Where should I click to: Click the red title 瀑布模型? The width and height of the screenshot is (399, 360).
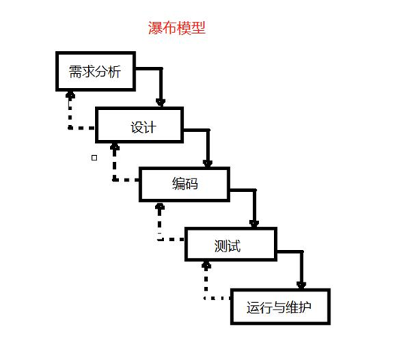[177, 28]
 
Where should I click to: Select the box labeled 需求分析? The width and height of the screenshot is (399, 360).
[96, 72]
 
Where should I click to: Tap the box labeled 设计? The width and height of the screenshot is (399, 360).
[139, 125]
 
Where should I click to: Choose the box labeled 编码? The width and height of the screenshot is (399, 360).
[184, 185]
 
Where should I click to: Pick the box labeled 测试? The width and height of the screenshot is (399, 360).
[231, 244]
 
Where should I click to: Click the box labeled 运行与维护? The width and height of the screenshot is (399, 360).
[280, 307]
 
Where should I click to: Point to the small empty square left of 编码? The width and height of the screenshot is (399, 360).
[94, 158]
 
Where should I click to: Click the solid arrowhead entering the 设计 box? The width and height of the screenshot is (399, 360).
[160, 102]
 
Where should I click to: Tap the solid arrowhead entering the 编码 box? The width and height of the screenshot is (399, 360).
[208, 163]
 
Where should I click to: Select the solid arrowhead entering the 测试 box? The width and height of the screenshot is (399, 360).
[254, 224]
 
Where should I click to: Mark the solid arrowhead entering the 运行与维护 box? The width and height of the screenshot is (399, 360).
[301, 285]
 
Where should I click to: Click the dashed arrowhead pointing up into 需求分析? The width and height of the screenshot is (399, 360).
[70, 95]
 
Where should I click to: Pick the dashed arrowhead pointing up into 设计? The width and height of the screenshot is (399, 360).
[114, 147]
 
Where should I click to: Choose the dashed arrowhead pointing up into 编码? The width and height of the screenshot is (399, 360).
[160, 206]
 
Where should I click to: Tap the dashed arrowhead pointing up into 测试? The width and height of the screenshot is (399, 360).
[206, 265]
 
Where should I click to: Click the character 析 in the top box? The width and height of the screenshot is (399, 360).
[114, 72]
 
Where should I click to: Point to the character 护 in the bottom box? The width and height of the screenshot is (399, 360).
[305, 307]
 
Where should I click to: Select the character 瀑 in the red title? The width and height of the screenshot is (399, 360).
[155, 28]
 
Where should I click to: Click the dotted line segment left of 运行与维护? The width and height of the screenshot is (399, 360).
[217, 298]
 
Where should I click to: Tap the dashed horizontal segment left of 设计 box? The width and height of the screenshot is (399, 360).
[82, 128]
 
